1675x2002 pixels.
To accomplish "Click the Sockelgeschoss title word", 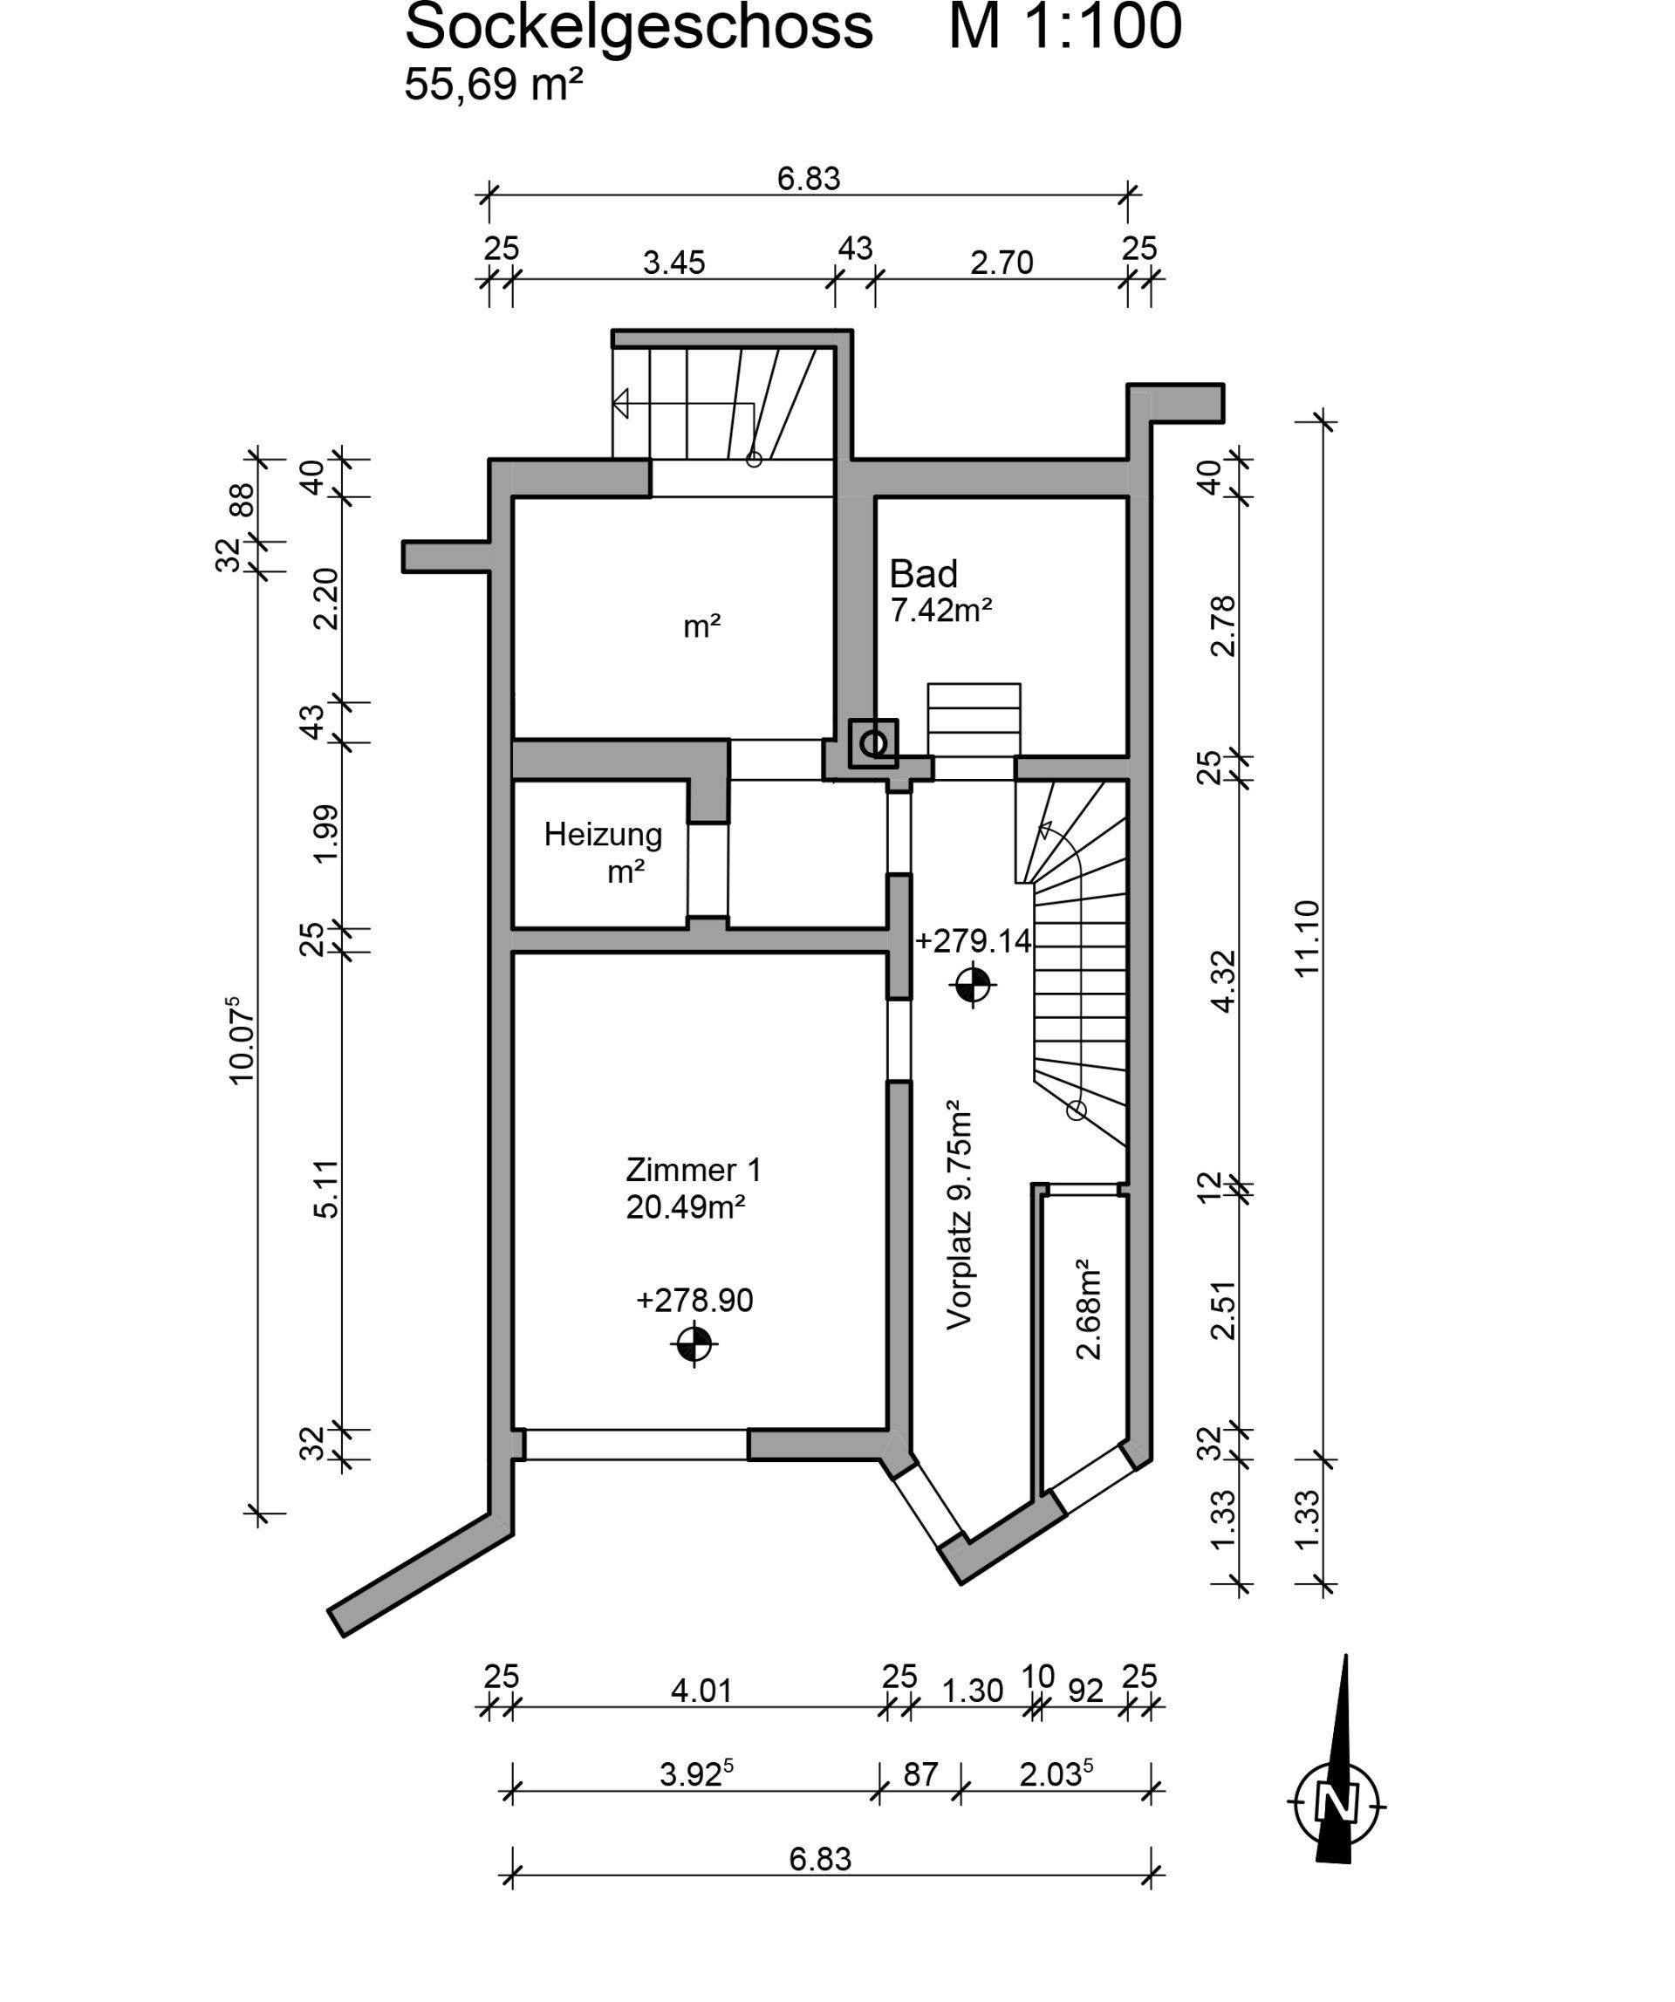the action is tap(639, 29).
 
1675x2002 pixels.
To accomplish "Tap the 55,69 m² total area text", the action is tap(494, 85).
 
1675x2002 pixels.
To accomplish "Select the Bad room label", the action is tap(923, 574).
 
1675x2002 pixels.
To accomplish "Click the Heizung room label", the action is tap(603, 835).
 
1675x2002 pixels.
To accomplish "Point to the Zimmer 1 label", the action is tap(693, 1170).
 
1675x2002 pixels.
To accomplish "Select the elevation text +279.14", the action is tap(974, 942).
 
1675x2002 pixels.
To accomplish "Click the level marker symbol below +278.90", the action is tap(694, 1345).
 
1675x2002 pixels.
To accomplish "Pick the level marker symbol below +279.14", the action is tap(974, 985).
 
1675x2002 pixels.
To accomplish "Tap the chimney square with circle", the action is tap(873, 742).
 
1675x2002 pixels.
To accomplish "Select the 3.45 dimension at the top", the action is tap(674, 263).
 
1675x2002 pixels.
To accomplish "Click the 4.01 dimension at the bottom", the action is tap(701, 1691).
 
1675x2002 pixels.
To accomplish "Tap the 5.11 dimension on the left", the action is tap(326, 1189).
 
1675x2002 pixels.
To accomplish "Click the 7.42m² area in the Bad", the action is tap(941, 609).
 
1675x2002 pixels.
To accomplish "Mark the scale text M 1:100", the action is tap(1065, 27).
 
